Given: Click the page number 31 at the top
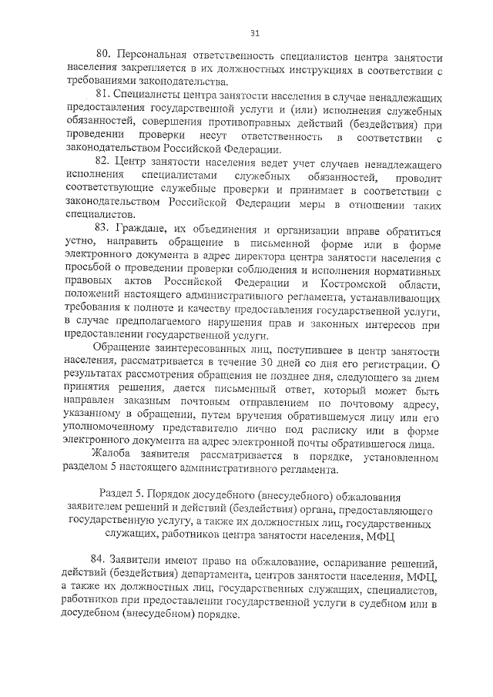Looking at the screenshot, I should click(x=255, y=32).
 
